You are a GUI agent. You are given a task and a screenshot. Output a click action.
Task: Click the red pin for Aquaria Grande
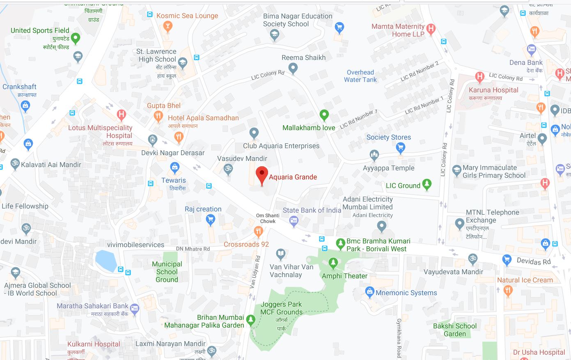[x=262, y=174]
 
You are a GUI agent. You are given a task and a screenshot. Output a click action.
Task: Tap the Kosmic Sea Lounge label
[x=187, y=16]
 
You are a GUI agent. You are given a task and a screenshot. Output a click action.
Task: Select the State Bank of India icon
[x=294, y=222]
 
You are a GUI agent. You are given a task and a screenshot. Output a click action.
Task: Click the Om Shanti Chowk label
[x=268, y=218]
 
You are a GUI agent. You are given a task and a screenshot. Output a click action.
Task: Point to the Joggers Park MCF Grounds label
[x=282, y=308]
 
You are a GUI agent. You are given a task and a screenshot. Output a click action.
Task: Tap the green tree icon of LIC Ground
[x=427, y=185]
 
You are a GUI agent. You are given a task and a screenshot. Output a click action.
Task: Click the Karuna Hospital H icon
[x=479, y=76]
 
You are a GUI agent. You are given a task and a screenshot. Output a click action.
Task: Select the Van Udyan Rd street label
[x=255, y=271]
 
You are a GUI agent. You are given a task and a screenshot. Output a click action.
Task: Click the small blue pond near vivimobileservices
[x=106, y=260]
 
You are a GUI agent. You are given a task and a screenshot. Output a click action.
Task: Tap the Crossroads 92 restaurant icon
[x=258, y=232]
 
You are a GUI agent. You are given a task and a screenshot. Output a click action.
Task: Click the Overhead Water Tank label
[x=360, y=76]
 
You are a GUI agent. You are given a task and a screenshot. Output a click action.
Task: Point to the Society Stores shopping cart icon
[x=401, y=147]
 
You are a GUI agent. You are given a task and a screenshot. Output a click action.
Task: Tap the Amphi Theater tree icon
[x=333, y=262]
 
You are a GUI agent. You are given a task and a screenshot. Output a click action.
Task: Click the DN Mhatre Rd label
[x=193, y=249]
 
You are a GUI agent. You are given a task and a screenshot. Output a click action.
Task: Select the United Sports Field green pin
[x=76, y=39]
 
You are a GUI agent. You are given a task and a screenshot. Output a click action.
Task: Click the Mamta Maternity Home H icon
[x=431, y=29]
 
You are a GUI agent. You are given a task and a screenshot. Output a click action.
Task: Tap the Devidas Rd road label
[x=534, y=261]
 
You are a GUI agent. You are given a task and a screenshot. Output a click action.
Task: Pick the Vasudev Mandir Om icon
[x=228, y=168]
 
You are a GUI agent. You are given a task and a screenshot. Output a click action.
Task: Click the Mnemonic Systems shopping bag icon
[x=369, y=292]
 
